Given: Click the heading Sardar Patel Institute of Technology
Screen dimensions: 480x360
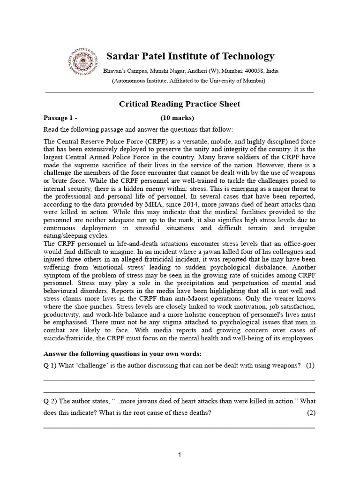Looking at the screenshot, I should point(190,57).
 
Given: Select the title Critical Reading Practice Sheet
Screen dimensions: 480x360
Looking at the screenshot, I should point(179,104).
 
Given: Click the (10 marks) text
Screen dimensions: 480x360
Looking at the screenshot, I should point(177,118).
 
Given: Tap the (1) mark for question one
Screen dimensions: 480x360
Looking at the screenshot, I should point(310,366).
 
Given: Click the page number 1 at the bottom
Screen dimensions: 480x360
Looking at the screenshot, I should point(180,455).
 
